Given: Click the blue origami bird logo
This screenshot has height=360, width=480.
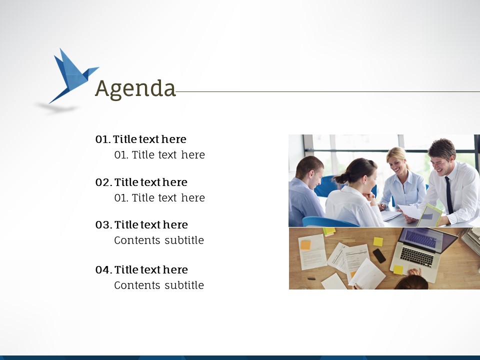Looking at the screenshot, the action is click(x=72, y=76).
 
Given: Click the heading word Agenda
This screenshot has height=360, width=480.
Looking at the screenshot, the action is click(x=135, y=89).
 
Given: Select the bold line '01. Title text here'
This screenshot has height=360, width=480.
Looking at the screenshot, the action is click(x=141, y=139).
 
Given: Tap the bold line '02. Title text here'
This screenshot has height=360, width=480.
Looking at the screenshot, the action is click(x=141, y=182).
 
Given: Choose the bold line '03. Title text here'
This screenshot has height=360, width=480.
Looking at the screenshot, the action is click(x=141, y=224).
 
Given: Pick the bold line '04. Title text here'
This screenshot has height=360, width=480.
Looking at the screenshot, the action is click(x=141, y=269).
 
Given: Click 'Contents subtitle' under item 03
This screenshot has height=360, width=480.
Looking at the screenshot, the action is click(x=159, y=240).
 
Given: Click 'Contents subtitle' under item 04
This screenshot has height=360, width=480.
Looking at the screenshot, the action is click(x=159, y=285).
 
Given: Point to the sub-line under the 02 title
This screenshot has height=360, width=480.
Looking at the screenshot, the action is click(x=159, y=198).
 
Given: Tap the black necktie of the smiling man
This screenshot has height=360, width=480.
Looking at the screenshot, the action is click(x=449, y=194).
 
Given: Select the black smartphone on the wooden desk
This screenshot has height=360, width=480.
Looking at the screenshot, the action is click(x=379, y=255).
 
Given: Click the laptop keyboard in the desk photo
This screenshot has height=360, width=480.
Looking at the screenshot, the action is click(x=417, y=257).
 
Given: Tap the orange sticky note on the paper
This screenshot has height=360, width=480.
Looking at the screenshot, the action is click(x=305, y=245).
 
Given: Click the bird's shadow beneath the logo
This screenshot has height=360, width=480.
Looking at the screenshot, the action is click(x=57, y=108).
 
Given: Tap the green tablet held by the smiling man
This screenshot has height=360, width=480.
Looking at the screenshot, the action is click(x=429, y=216).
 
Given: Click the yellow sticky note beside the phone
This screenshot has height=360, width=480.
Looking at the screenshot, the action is click(x=378, y=242).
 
